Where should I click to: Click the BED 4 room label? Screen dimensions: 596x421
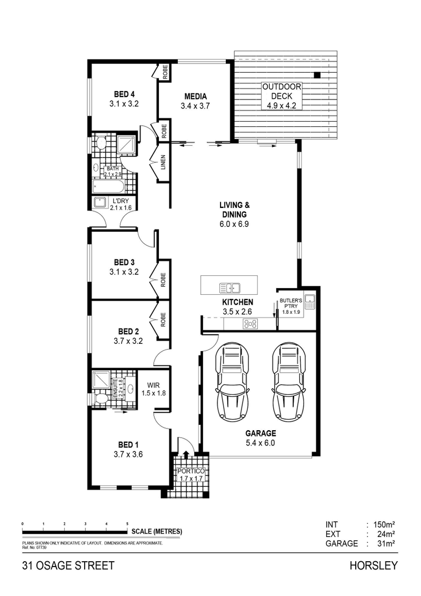(124, 94)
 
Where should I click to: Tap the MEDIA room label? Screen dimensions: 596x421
(195, 96)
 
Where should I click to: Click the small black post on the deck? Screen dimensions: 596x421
(317, 75)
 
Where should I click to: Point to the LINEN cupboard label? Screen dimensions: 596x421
(164, 162)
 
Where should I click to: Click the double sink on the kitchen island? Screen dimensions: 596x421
(230, 287)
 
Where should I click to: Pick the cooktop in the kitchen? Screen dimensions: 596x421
(249, 324)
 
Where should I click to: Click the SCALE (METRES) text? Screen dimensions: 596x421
(157, 531)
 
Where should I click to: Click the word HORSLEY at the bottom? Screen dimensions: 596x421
(374, 566)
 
